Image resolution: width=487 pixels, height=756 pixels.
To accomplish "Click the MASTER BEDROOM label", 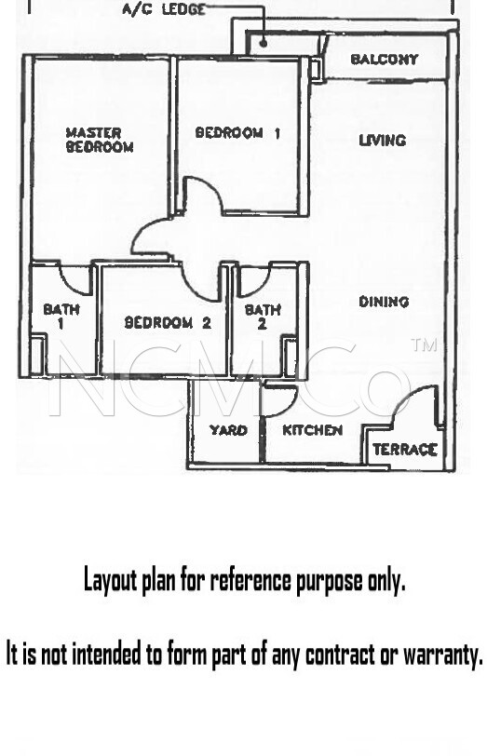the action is [100, 140].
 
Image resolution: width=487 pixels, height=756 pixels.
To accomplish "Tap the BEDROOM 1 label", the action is [237, 132].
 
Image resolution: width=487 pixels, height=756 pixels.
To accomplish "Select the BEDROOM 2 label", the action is [168, 322].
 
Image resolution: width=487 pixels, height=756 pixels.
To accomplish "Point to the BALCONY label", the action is [384, 60].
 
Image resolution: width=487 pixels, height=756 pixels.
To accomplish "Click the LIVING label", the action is [383, 141].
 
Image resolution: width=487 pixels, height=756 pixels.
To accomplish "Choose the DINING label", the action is [384, 302].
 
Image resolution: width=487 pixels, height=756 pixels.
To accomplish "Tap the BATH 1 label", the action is [61, 316].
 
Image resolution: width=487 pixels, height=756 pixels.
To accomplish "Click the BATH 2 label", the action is [263, 317].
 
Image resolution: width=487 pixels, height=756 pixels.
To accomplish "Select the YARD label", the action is [228, 429].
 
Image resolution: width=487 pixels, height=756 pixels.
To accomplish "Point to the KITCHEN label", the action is [313, 430].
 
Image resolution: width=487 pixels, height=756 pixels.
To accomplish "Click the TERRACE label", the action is [405, 450].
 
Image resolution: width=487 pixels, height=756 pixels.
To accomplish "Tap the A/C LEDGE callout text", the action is [164, 9].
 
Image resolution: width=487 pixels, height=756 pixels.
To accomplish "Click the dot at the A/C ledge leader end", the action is [264, 44].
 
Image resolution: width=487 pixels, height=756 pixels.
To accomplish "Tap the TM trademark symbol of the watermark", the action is [425, 344].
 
